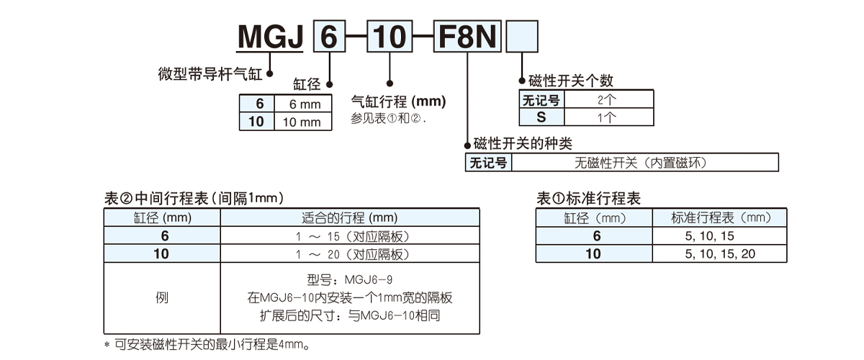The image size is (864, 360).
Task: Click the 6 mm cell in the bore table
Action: [x=304, y=104]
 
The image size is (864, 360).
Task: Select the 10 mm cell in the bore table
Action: [x=302, y=122]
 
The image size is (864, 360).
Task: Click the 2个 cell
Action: [x=608, y=99]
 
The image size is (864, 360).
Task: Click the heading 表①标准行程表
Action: [x=589, y=198]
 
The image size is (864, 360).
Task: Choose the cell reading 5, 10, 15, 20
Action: [x=719, y=253]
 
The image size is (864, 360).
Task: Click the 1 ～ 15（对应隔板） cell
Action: [x=349, y=236]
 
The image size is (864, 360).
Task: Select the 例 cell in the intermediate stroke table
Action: [x=162, y=297]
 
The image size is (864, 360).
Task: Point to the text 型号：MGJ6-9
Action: [x=349, y=279]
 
